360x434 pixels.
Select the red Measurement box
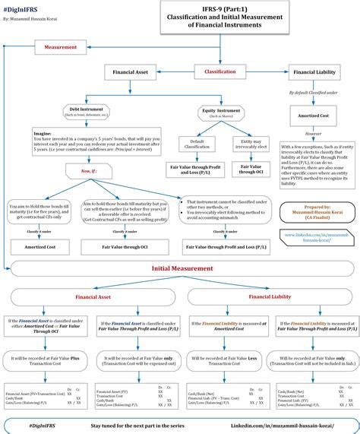click(61, 47)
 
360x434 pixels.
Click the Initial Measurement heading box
click(182, 268)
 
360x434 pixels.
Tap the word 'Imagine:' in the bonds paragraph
click(43, 131)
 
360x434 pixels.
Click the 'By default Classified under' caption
click(314, 92)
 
